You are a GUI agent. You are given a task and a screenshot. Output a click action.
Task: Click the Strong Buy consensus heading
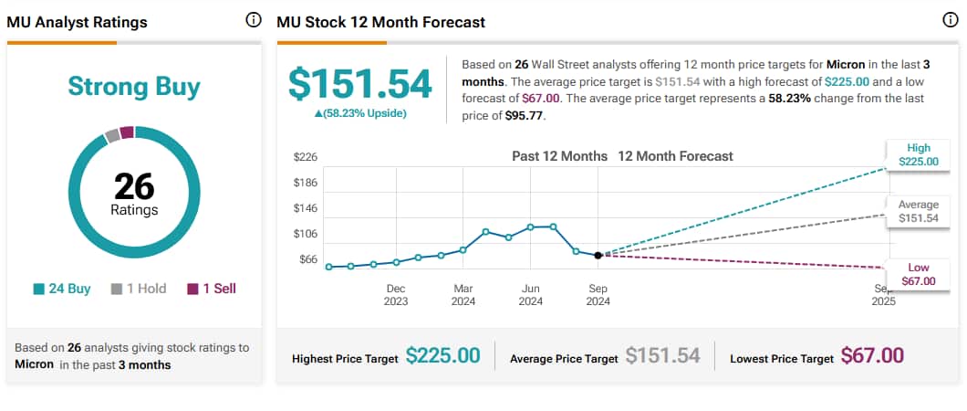click(x=134, y=87)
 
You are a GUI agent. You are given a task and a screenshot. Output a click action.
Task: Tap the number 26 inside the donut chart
click(x=134, y=186)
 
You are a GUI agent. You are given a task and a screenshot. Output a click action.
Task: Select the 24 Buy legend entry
click(x=62, y=289)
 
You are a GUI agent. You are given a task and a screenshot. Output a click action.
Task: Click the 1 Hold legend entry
click(x=139, y=289)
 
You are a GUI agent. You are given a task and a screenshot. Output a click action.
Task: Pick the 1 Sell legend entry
click(x=212, y=289)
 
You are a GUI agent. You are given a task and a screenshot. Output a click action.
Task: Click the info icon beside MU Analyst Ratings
click(x=254, y=21)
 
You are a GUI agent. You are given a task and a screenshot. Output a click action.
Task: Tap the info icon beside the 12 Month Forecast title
click(x=950, y=21)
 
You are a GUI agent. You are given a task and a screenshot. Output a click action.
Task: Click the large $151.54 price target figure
click(x=360, y=84)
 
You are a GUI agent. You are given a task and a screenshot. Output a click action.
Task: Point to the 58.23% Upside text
click(x=360, y=113)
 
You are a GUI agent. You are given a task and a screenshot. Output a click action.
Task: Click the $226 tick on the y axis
click(x=305, y=157)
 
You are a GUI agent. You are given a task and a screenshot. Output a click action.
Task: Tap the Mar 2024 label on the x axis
click(x=463, y=294)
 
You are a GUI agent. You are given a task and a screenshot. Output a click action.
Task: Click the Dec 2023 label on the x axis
click(x=396, y=294)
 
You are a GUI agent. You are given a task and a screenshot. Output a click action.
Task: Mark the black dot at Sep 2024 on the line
click(x=598, y=256)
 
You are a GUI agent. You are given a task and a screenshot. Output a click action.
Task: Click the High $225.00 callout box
click(x=918, y=155)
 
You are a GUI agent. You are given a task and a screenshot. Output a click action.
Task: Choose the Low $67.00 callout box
click(x=918, y=274)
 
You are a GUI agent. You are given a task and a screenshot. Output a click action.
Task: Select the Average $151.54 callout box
click(x=918, y=212)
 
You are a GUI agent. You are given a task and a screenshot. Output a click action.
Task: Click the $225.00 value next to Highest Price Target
click(x=442, y=356)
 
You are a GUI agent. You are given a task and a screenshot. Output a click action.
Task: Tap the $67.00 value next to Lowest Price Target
click(x=872, y=356)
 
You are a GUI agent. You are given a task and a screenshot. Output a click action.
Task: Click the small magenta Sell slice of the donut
click(x=127, y=132)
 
